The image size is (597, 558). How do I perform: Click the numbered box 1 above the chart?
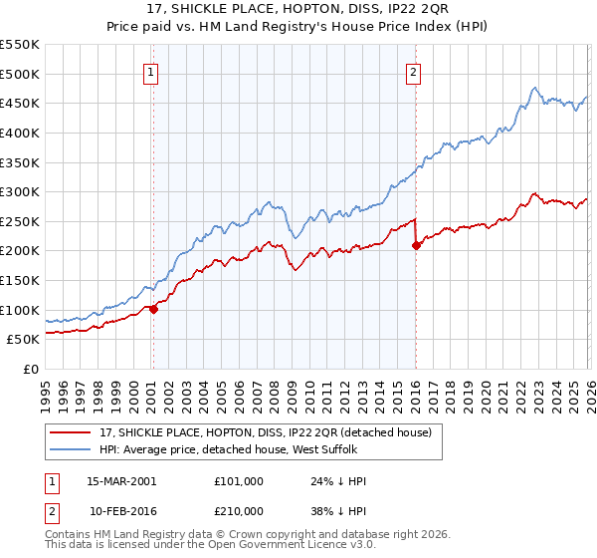click(151, 71)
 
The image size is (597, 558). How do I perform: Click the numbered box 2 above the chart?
click(413, 71)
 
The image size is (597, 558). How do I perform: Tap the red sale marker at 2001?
click(153, 309)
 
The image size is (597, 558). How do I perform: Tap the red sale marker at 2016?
click(415, 245)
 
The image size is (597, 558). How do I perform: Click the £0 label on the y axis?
click(31, 369)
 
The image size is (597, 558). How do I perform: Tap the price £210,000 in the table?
click(239, 511)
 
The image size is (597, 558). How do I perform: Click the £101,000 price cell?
click(239, 481)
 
